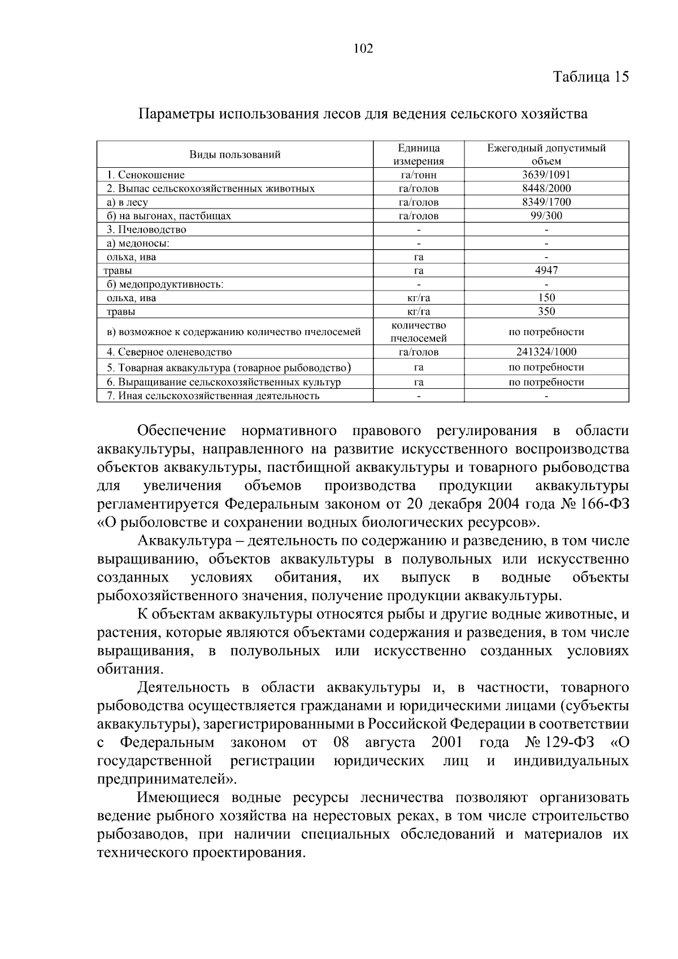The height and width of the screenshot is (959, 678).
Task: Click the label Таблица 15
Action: click(590, 77)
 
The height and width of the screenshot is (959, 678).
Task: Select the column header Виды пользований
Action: click(234, 154)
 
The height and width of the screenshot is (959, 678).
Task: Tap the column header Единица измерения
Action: click(419, 154)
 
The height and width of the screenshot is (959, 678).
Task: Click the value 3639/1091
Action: click(546, 175)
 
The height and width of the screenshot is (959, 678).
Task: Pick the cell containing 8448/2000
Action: click(546, 188)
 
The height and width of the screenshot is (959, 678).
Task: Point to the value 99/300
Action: click(546, 215)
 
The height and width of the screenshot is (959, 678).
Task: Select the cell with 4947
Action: click(546, 270)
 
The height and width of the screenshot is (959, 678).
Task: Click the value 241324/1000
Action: click(546, 352)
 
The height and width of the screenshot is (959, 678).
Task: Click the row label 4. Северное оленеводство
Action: click(169, 352)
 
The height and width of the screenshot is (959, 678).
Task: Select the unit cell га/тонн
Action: click(419, 175)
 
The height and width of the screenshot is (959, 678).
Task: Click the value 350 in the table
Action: click(546, 311)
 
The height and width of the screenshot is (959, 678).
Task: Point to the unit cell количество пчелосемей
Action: click(419, 332)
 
